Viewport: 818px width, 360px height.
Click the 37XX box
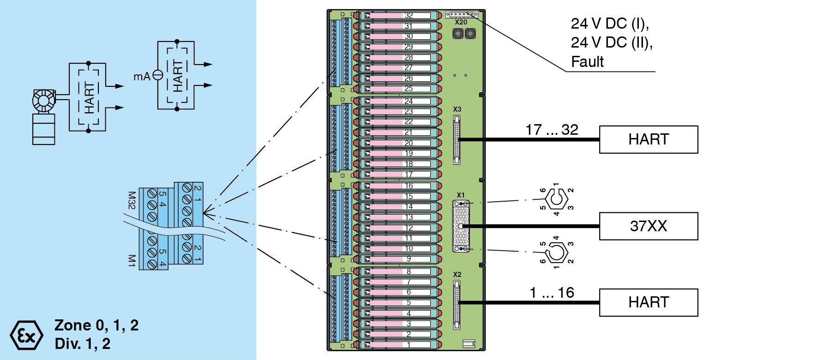[648, 226]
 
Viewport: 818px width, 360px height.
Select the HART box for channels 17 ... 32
[648, 139]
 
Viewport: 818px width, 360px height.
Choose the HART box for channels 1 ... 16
[648, 303]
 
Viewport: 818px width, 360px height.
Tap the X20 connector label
[461, 22]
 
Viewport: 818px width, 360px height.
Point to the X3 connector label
[457, 109]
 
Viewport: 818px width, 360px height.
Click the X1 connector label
[461, 195]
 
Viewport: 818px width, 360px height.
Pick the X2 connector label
[457, 275]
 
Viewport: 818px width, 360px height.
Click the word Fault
[587, 62]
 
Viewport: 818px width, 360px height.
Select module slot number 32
[409, 15]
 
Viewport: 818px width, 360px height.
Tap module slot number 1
[409, 345]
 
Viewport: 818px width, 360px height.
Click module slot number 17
[409, 174]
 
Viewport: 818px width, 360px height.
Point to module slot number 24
[409, 101]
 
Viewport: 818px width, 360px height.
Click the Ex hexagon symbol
[26, 335]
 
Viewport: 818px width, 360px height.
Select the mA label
[142, 77]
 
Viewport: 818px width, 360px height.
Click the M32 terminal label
[132, 200]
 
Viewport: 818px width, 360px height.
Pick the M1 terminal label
[132, 260]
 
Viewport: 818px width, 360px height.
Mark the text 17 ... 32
[552, 130]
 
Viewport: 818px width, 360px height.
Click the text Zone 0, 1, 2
[96, 325]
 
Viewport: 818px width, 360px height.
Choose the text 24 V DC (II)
[612, 42]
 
